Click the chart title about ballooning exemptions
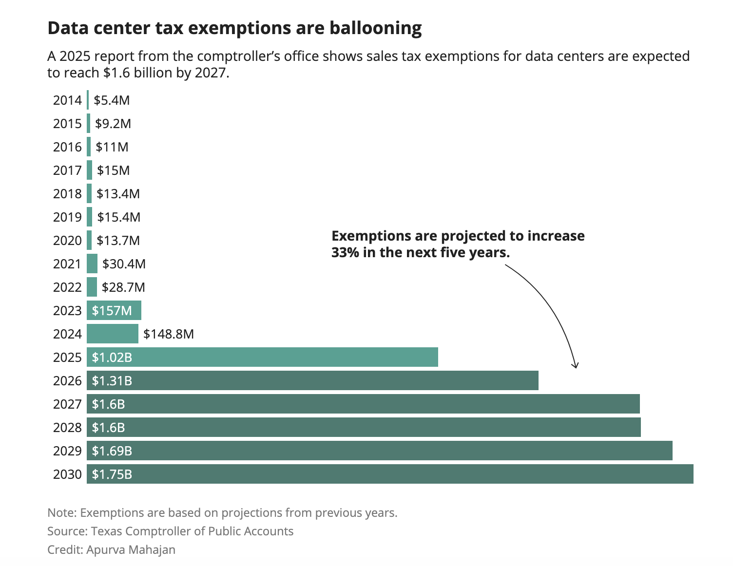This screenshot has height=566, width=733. click(234, 28)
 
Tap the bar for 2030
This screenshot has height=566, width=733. click(390, 474)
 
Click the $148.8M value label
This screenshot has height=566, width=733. click(169, 334)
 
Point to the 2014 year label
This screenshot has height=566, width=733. click(67, 100)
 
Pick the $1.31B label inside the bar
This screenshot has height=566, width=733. click(112, 381)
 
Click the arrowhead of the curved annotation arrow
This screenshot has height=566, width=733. click(576, 365)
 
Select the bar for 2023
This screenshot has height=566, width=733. click(114, 310)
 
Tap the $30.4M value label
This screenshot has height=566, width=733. click(124, 264)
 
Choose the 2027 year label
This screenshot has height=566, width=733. click(67, 404)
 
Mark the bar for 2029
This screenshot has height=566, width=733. click(380, 451)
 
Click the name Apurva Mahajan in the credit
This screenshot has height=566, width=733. click(131, 550)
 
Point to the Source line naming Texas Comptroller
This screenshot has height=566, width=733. click(170, 531)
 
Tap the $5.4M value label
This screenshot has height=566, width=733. click(112, 100)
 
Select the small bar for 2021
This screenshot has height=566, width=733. click(92, 264)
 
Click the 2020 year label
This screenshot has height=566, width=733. click(67, 241)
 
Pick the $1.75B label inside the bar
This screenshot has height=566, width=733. click(112, 474)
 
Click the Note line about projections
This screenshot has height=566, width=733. click(222, 513)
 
